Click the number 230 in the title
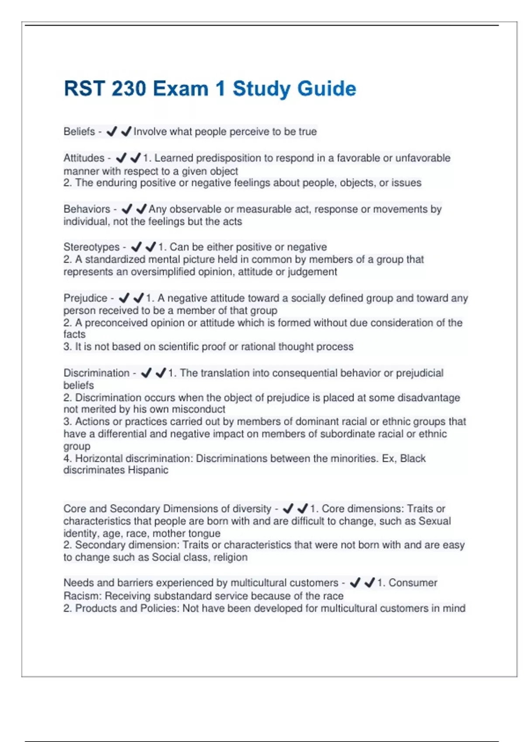(x=128, y=89)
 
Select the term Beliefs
(x=79, y=131)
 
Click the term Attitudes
(x=84, y=158)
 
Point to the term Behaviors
(x=86, y=209)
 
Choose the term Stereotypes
(x=91, y=247)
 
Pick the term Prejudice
(x=85, y=298)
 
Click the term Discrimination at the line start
(x=97, y=373)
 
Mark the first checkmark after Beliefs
(x=112, y=131)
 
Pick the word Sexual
(x=434, y=521)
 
